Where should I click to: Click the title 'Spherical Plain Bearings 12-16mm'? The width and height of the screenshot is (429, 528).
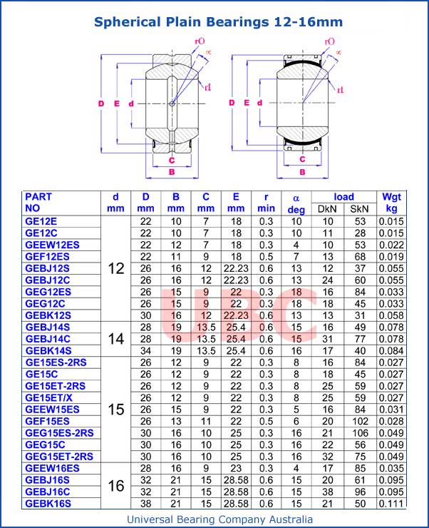[x=219, y=22]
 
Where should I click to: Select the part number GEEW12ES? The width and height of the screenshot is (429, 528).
[x=52, y=245]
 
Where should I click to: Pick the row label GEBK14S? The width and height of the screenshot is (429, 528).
[x=48, y=350]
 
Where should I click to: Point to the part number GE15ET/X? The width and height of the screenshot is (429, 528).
[x=49, y=397]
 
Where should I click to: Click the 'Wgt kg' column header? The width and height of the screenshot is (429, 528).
[x=391, y=203]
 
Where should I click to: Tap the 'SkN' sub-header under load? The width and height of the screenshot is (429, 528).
[x=359, y=209]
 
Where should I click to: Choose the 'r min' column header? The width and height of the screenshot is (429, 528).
[x=266, y=203]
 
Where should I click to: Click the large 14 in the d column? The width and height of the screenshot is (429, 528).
[x=116, y=339]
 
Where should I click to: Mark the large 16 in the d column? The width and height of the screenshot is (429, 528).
[x=116, y=486]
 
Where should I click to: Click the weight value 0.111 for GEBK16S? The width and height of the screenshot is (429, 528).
[x=391, y=503]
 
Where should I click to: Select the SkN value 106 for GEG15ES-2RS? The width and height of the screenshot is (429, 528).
[x=359, y=432]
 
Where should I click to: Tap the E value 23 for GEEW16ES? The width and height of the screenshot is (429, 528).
[x=236, y=468]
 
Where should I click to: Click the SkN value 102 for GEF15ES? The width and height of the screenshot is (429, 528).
[x=359, y=421]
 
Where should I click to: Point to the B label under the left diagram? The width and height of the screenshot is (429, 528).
[x=171, y=172]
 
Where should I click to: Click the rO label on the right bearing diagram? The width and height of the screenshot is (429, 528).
[x=329, y=42]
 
